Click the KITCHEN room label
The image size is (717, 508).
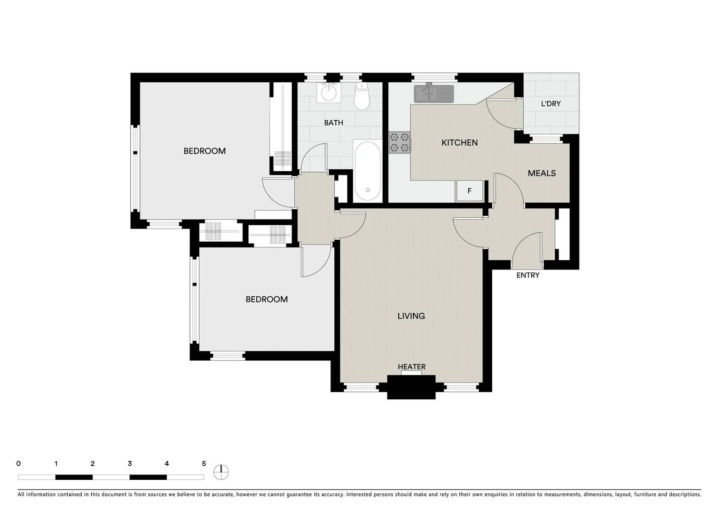pyautogui.click(x=459, y=143)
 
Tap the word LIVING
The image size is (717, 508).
pyautogui.click(x=411, y=316)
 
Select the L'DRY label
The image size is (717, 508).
pyautogui.click(x=551, y=103)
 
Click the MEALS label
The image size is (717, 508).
pyautogui.click(x=542, y=173)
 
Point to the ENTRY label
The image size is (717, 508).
pyautogui.click(x=528, y=275)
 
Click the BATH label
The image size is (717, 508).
pyautogui.click(x=333, y=123)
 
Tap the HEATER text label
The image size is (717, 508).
pyautogui.click(x=411, y=367)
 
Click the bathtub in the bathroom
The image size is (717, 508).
pyautogui.click(x=367, y=172)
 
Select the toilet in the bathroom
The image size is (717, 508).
pyautogui.click(x=362, y=97)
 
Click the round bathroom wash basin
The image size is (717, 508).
pyautogui.click(x=328, y=93)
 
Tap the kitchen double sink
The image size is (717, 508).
pyautogui.click(x=433, y=94)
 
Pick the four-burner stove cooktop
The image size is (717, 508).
pyautogui.click(x=399, y=143)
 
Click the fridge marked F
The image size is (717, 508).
pyautogui.click(x=469, y=191)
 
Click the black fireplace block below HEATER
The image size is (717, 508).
pyautogui.click(x=411, y=387)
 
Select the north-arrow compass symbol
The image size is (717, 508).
pyautogui.click(x=221, y=472)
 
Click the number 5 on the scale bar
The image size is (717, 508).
pyautogui.click(x=204, y=464)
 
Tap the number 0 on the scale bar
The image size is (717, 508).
pyautogui.click(x=18, y=464)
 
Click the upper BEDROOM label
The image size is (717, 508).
pyautogui.click(x=205, y=151)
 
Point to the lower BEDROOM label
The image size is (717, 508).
pyautogui.click(x=267, y=299)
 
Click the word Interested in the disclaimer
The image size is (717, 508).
pyautogui.click(x=362, y=494)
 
